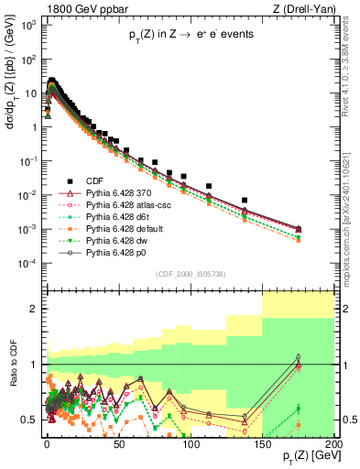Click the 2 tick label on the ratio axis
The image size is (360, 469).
click(34, 309)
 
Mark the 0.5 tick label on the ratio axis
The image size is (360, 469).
click(29, 420)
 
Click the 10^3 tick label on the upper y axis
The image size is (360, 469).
click(27, 25)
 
